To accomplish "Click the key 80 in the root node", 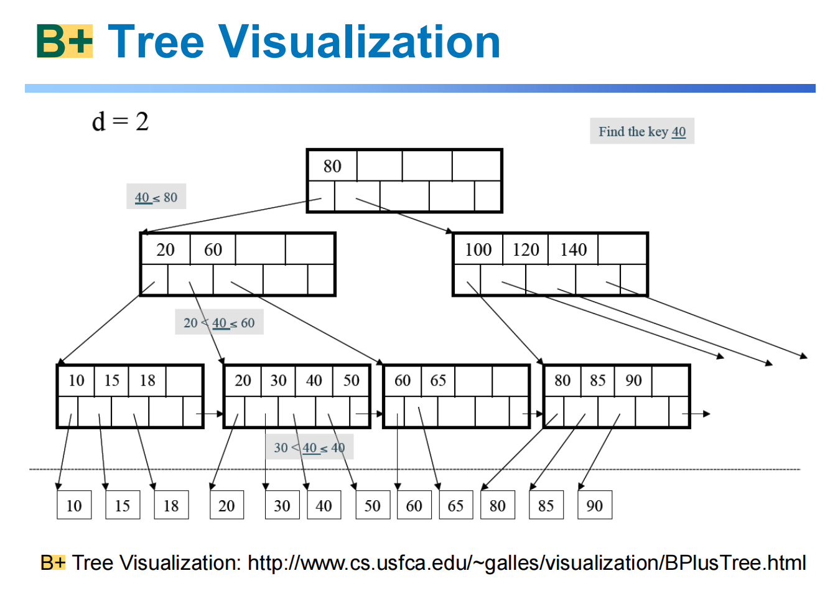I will click(332, 166).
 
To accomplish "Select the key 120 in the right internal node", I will click(526, 249).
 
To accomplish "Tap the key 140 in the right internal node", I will click(573, 249).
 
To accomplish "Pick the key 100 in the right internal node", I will click(478, 249).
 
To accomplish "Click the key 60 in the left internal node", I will click(213, 249).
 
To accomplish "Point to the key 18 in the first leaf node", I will click(147, 380).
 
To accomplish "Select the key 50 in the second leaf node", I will click(352, 380).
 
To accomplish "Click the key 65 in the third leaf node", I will click(438, 380).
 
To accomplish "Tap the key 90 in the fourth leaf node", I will click(633, 380).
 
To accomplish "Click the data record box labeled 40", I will click(324, 505).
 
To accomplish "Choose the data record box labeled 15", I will click(123, 505).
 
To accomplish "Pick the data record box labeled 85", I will click(546, 505).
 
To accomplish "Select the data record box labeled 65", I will click(455, 505).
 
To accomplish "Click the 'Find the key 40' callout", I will click(642, 131).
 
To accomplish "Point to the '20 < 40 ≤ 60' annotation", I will click(219, 323).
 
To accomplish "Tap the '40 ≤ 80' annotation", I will click(156, 197).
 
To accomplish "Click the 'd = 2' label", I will click(120, 121).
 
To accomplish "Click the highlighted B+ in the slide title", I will click(65, 42).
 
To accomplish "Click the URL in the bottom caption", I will click(526, 562).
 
